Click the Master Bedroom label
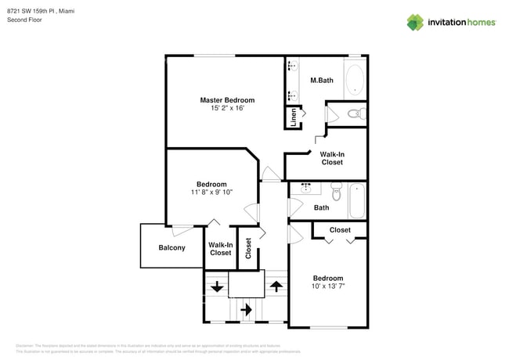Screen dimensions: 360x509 (227, 100)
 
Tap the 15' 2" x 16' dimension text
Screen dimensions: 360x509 (227, 109)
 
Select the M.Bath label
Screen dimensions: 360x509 (323, 80)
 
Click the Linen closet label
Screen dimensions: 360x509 (294, 117)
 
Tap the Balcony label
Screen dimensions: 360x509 (171, 248)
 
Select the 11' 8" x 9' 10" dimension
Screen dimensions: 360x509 (211, 192)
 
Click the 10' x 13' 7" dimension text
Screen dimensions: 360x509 (328, 286)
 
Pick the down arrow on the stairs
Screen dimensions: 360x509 (215, 286)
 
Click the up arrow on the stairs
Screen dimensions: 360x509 (275, 286)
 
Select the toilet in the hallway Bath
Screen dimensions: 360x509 (337, 192)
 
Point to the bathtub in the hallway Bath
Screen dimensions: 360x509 (357, 200)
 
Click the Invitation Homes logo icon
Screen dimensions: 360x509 (415, 23)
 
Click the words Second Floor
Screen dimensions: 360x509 (24, 20)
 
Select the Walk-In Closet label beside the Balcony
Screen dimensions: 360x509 (220, 249)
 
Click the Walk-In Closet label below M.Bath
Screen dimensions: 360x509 (332, 158)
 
